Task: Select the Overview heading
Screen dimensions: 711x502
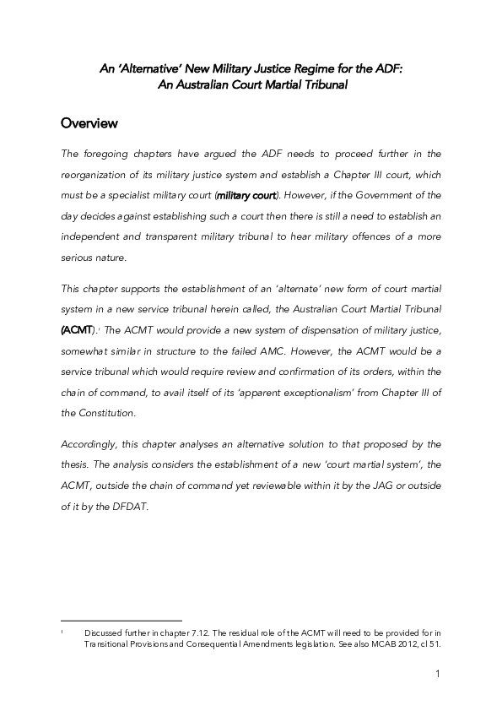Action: pos(89,124)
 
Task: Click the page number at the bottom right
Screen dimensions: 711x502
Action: pos(439,674)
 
